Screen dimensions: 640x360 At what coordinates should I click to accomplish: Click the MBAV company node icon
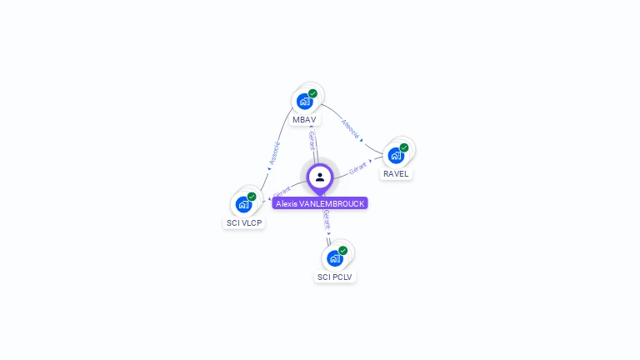pos(305,101)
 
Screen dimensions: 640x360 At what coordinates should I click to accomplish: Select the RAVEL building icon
pos(396,155)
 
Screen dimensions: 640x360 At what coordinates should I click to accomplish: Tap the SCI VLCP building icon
pos(243,203)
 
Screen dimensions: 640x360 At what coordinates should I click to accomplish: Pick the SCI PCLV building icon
pos(335,257)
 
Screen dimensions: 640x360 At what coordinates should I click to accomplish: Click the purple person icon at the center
pos(320,177)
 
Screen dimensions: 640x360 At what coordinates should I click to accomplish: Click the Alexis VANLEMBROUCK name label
pos(320,203)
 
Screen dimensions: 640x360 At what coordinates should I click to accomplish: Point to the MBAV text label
pos(304,120)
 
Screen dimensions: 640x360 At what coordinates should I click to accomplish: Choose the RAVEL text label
pos(396,174)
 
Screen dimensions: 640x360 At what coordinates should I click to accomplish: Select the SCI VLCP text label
pos(244,223)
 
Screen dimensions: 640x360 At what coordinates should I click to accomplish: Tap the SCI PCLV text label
pos(335,277)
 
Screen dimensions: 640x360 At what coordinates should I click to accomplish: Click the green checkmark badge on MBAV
pos(312,93)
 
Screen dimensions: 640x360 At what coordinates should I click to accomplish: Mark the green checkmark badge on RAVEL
pos(404,147)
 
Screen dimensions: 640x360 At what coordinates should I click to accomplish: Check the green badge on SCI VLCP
pos(252,197)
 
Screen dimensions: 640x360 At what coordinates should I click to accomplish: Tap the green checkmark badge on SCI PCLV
pos(342,250)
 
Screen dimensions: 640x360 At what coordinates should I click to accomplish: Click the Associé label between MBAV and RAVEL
pos(351,128)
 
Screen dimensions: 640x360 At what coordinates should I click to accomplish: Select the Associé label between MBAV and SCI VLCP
pos(274,152)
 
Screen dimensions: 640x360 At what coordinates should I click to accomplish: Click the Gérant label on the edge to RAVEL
pos(358,167)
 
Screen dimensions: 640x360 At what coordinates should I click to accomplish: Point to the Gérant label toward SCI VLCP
pos(282,192)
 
